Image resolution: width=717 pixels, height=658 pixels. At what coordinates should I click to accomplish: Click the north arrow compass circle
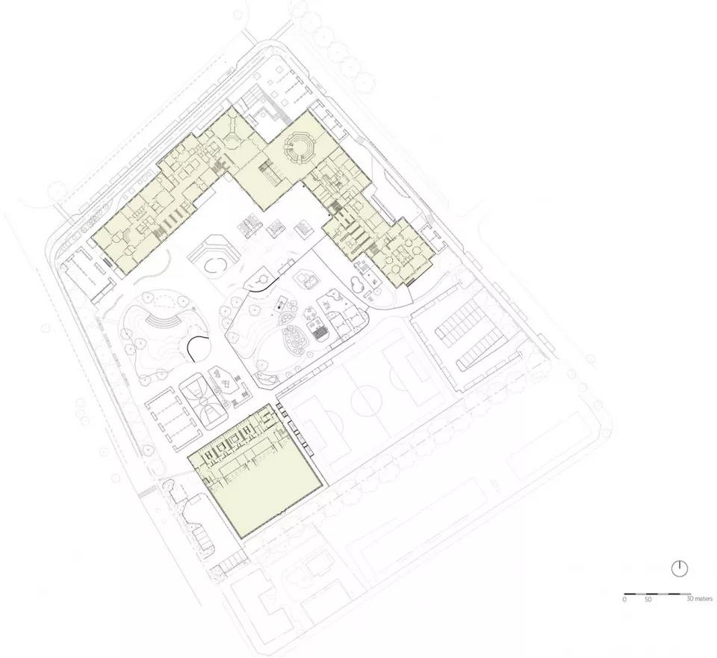click(x=680, y=569)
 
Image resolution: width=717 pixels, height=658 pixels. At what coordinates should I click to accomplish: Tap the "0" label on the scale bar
click(x=624, y=599)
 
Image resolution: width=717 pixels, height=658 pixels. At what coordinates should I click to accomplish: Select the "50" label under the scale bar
click(x=648, y=599)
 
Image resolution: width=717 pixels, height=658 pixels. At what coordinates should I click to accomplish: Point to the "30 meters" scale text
click(x=700, y=598)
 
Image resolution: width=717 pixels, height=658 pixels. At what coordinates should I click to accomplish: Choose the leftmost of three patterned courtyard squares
click(x=250, y=227)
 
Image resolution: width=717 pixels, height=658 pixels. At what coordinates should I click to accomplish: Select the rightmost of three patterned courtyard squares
click(x=304, y=228)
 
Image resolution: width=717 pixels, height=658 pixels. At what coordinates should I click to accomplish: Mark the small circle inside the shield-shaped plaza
click(x=264, y=278)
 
